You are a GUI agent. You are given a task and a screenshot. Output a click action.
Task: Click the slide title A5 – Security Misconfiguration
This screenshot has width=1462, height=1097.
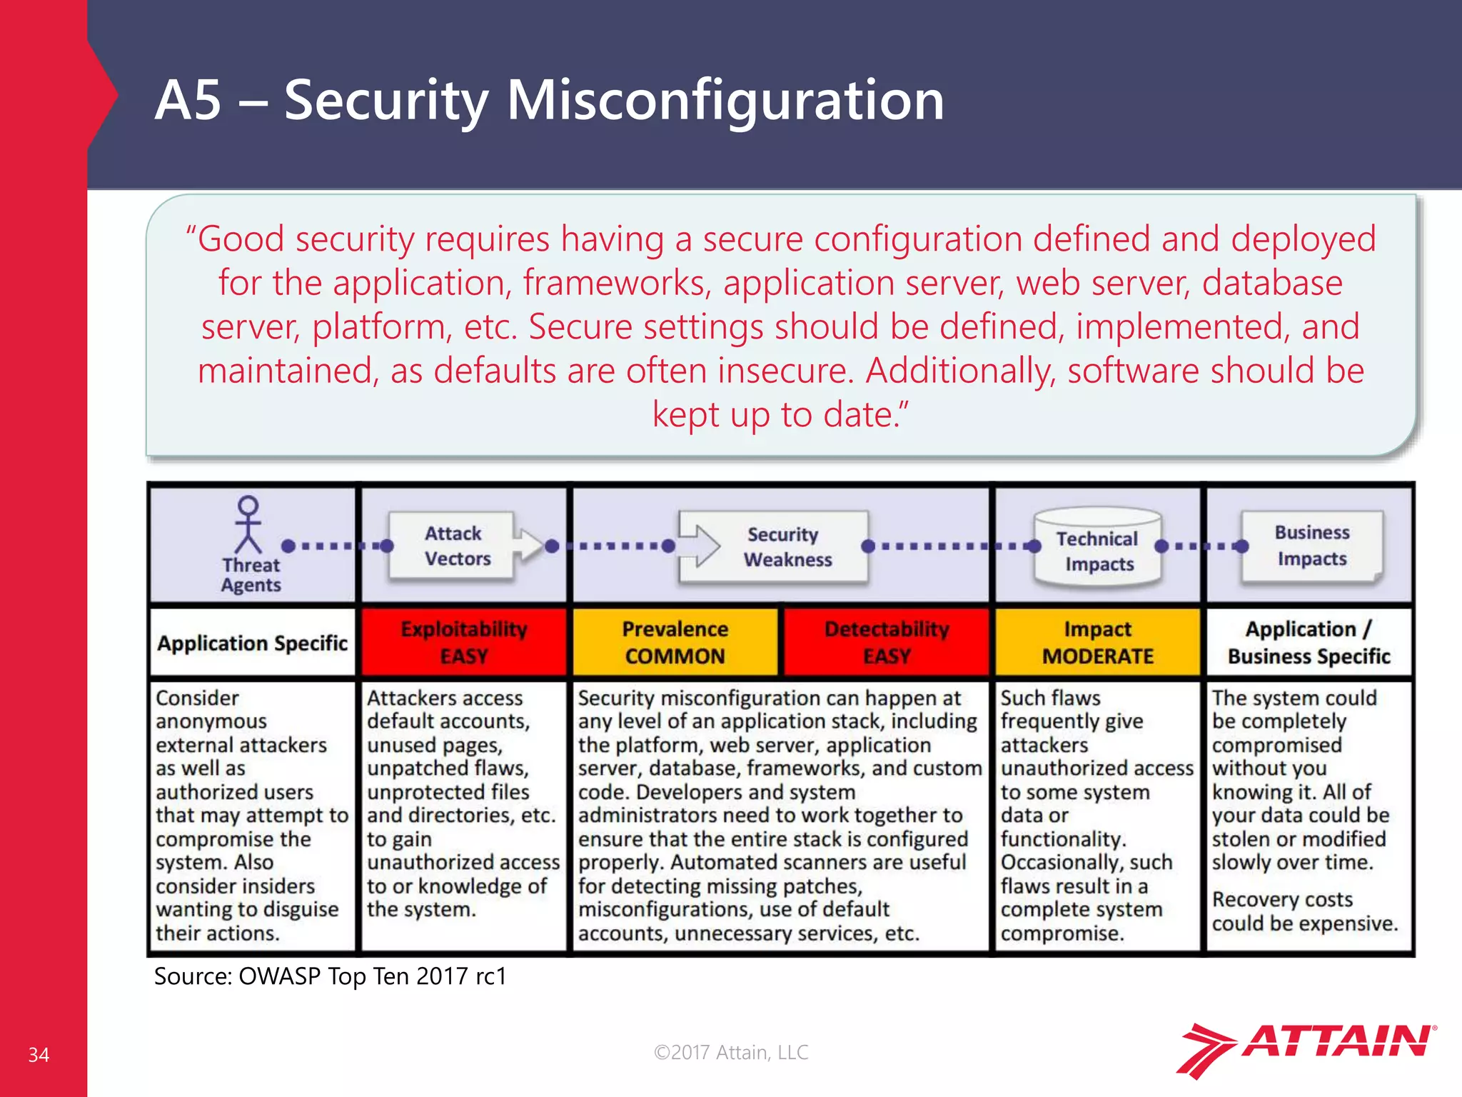549,100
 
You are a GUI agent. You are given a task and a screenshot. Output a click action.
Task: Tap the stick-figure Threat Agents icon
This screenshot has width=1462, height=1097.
248,525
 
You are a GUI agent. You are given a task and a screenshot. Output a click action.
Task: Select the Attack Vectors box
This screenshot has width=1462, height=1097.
457,546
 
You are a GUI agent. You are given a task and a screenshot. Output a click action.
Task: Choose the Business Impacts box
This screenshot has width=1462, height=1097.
1311,546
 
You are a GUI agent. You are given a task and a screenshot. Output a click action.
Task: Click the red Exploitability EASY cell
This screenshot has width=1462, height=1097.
464,642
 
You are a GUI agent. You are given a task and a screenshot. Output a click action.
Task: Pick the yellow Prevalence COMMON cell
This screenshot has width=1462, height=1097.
675,642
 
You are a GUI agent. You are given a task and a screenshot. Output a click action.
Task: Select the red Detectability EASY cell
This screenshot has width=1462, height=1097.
887,642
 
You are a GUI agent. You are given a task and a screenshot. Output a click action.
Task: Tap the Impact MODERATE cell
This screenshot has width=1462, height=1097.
1097,642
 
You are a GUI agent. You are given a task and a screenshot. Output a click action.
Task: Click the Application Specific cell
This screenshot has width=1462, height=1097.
252,643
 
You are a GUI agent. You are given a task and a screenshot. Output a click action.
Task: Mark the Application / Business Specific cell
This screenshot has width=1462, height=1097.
1309,642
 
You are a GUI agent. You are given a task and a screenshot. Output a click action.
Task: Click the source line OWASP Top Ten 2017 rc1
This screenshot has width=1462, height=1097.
331,976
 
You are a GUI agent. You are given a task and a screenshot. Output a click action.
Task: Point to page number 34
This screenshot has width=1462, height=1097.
39,1055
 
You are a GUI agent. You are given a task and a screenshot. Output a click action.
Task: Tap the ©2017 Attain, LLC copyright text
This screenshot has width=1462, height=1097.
731,1052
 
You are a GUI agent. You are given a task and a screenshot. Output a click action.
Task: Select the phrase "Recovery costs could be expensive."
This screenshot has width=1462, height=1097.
1304,911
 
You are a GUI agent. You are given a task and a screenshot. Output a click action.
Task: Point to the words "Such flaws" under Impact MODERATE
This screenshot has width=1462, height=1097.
1050,698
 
